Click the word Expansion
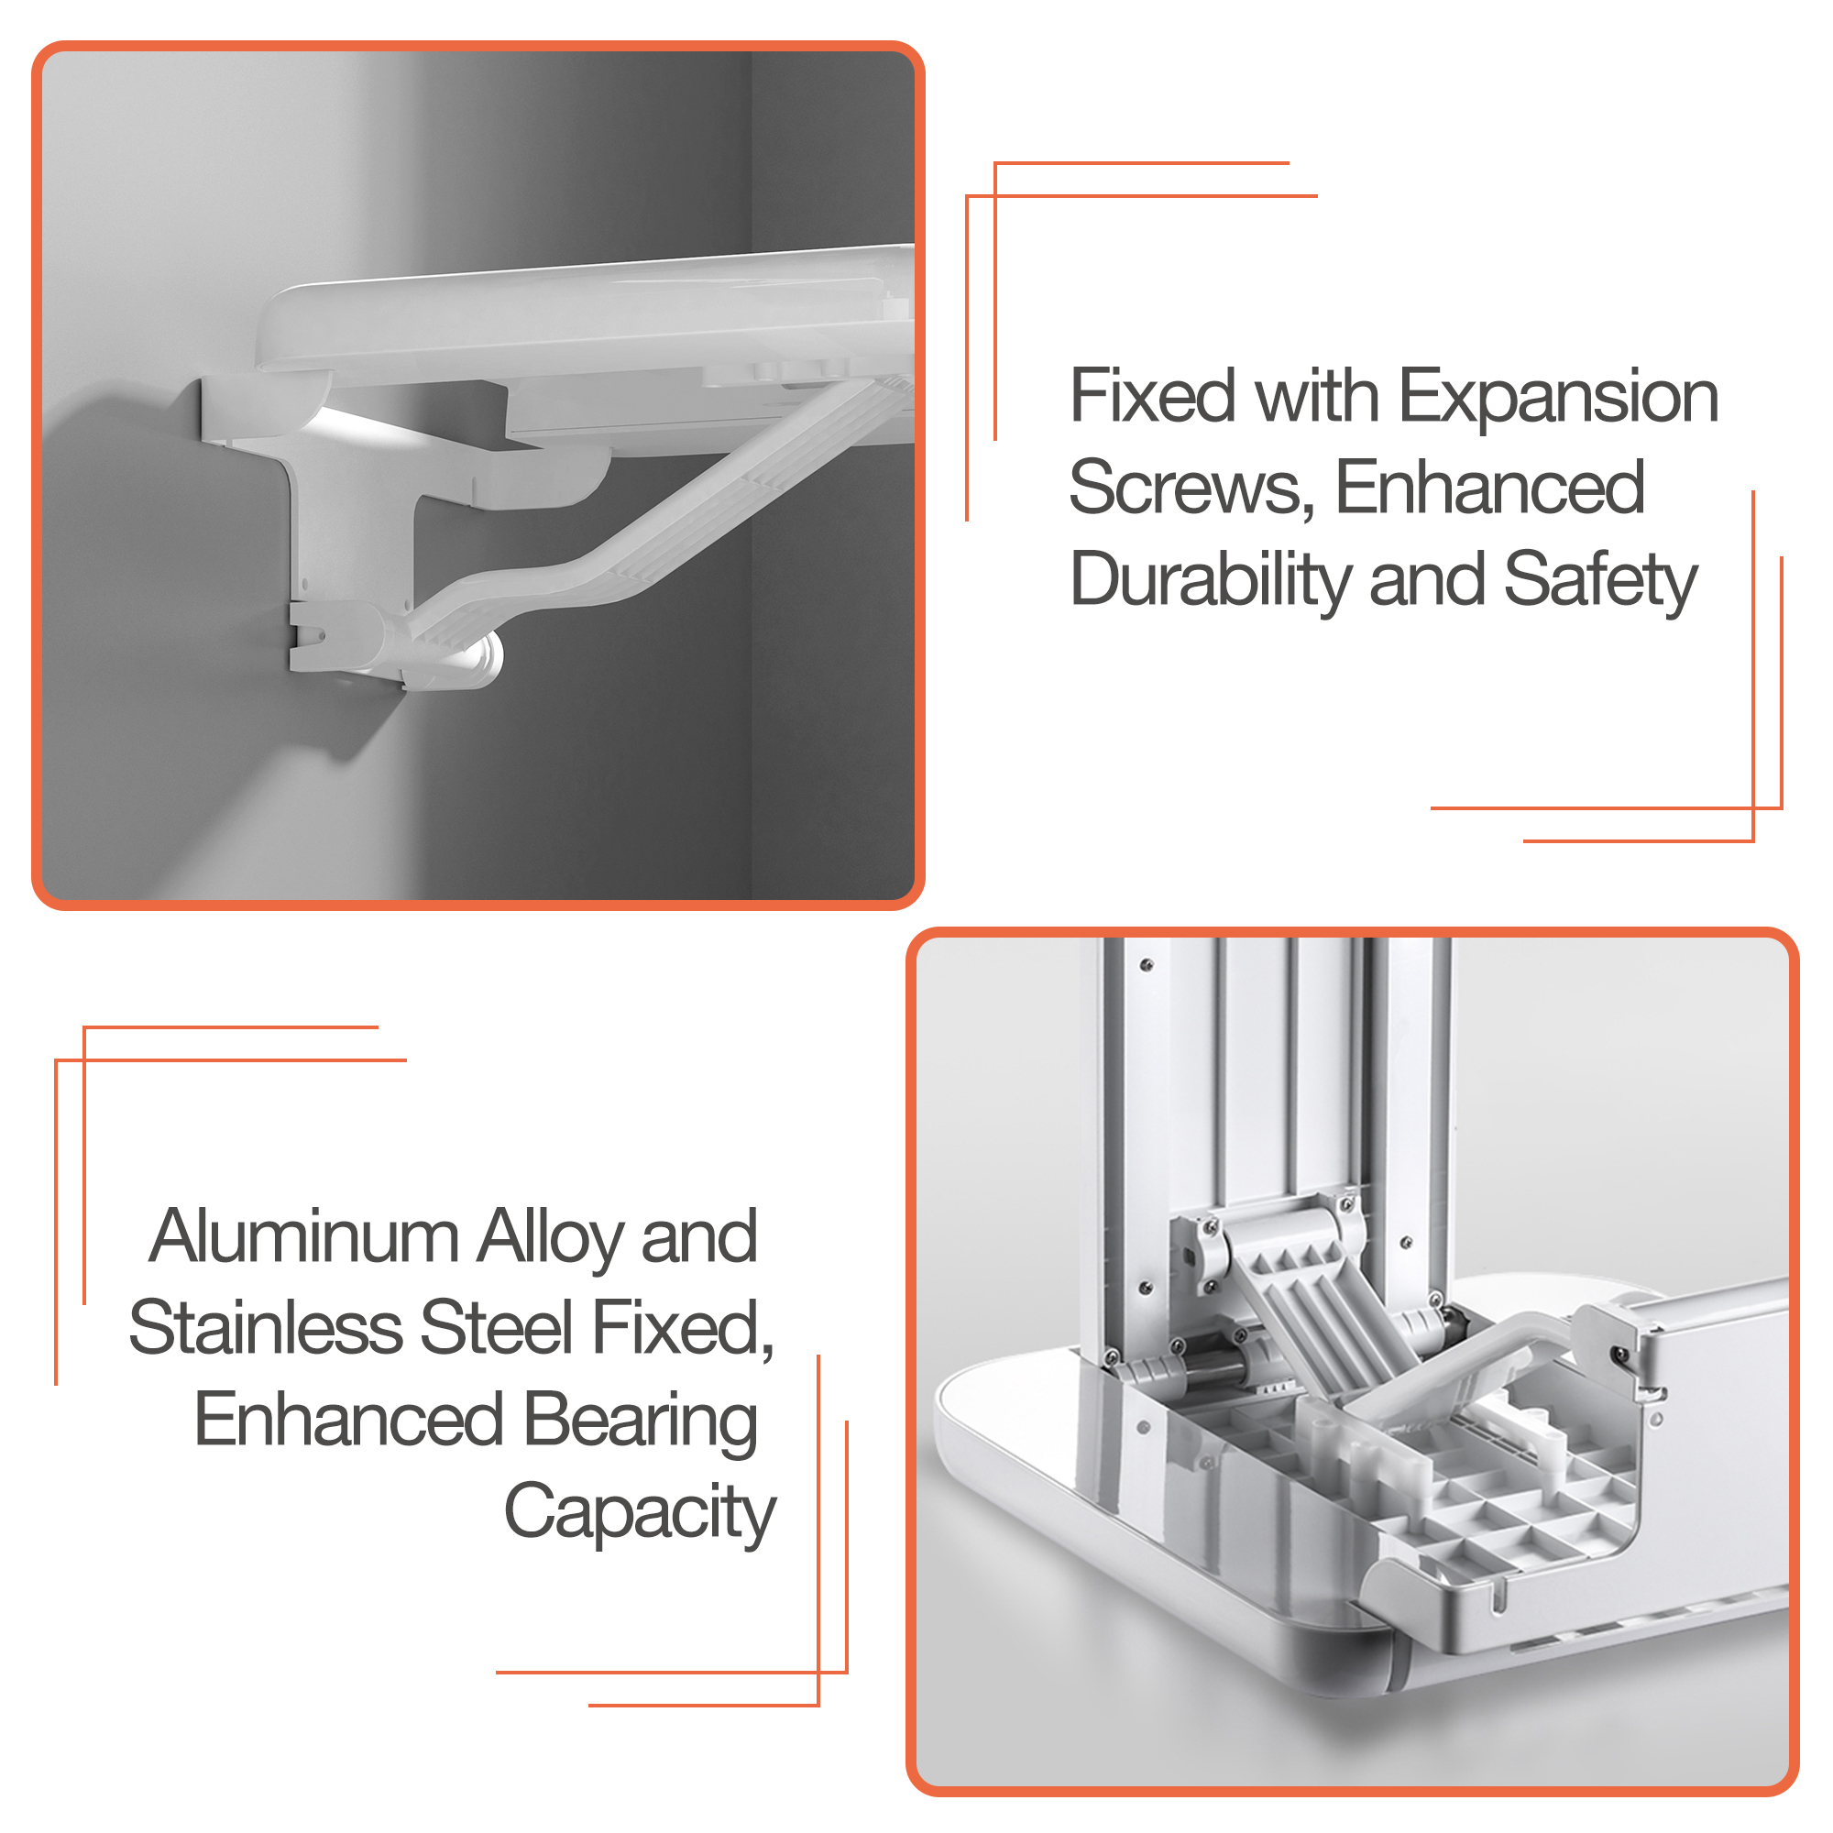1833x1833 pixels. tap(1558, 398)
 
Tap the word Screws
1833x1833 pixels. tap(1191, 488)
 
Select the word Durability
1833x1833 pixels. tap(1210, 581)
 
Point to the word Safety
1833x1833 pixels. tap(1600, 581)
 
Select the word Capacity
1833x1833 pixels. tap(640, 1512)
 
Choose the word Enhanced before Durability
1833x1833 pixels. tap(1489, 488)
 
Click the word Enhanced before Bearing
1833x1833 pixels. tap(349, 1420)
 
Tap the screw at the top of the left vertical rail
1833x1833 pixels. tap(1147, 965)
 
